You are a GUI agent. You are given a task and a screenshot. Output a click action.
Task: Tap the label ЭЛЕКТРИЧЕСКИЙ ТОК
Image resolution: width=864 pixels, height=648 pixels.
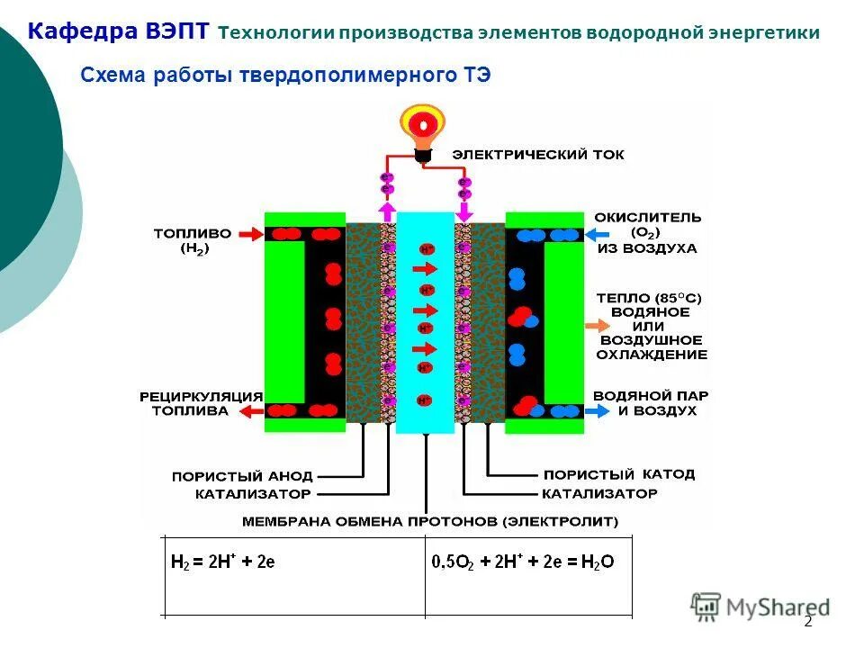[537, 155]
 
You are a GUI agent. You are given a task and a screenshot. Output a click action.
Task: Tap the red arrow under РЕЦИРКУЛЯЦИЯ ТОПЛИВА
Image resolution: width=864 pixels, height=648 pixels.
[249, 411]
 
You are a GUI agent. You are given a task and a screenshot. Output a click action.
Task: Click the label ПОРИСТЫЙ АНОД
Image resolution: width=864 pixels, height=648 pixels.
[242, 475]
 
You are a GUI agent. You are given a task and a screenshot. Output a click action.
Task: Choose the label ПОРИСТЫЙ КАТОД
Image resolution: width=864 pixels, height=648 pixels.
[618, 474]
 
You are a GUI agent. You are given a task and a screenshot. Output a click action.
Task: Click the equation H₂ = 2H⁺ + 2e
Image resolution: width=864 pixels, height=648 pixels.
[222, 562]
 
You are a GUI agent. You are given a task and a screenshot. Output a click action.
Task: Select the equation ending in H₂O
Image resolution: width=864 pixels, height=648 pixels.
[523, 562]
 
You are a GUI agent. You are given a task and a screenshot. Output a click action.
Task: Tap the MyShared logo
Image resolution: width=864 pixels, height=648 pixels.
[760, 607]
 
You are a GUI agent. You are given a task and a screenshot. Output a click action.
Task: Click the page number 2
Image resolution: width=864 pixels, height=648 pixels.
[807, 621]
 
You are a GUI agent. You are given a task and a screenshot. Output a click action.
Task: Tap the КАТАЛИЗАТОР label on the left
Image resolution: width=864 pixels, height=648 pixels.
[253, 494]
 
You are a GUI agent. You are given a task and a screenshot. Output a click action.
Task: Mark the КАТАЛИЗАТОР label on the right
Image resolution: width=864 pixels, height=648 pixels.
[599, 494]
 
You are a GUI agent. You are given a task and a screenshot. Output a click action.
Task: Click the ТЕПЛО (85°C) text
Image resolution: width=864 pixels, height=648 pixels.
[648, 298]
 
